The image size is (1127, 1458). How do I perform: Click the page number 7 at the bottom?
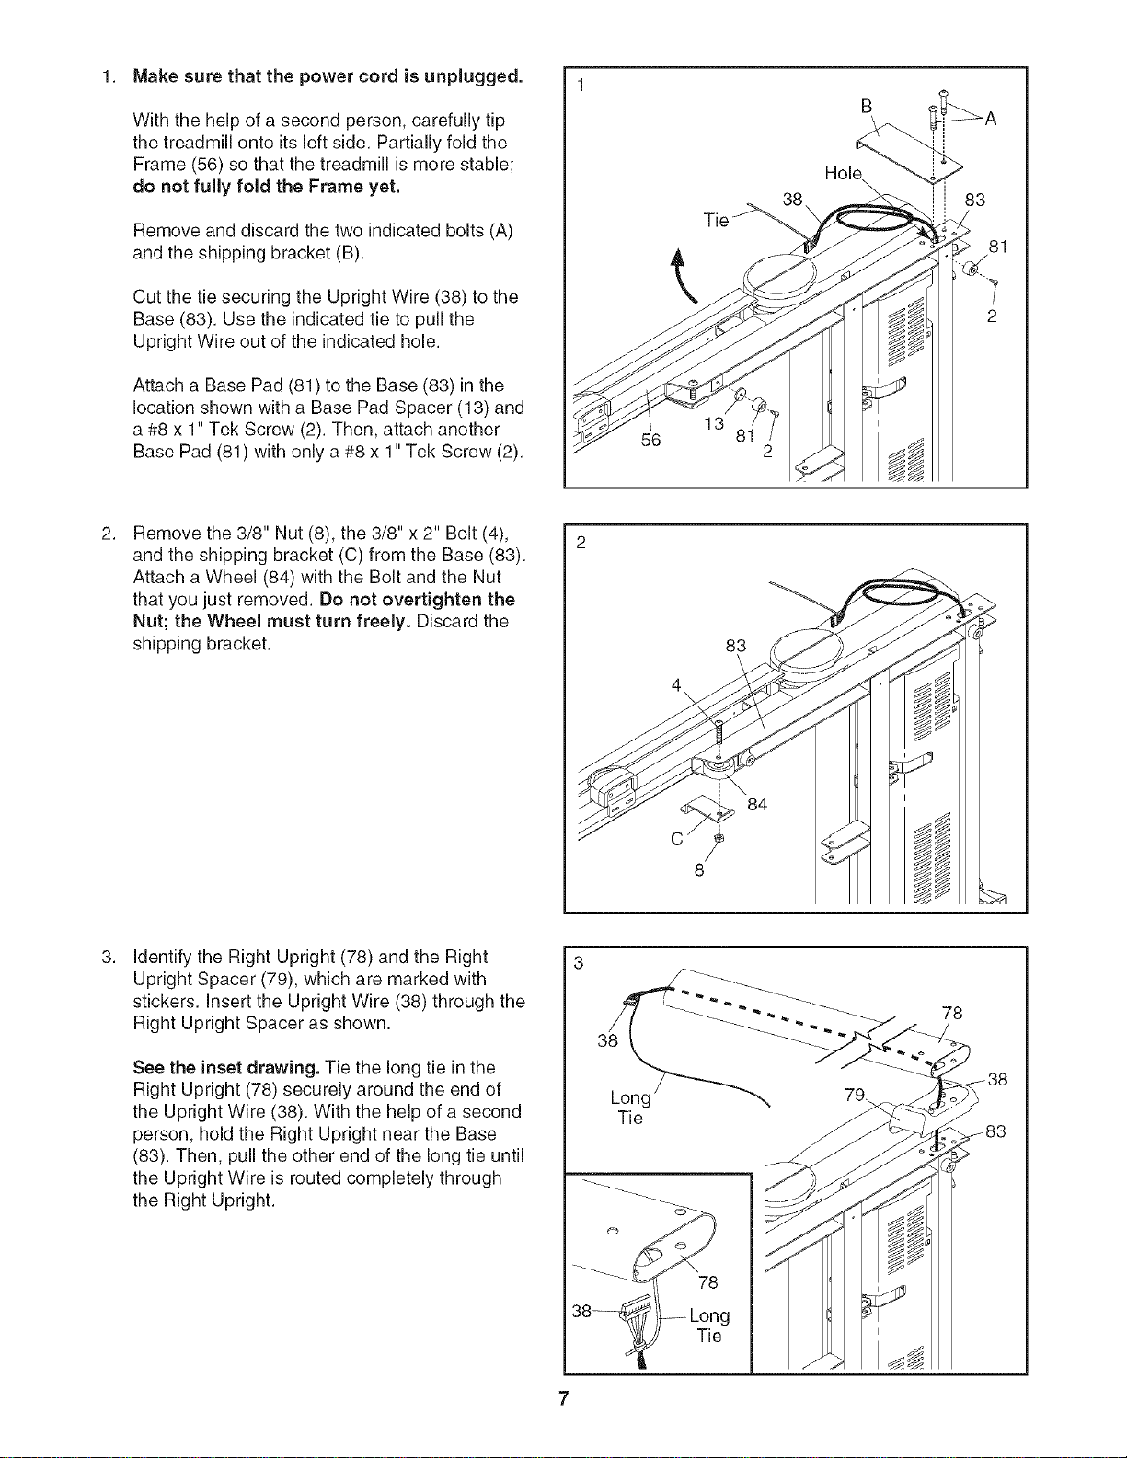(x=563, y=1399)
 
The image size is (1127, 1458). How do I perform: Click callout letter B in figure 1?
(x=866, y=107)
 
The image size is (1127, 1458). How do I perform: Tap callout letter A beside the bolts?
(x=990, y=120)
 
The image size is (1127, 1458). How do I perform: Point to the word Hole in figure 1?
(x=843, y=173)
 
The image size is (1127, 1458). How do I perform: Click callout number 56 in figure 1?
(x=650, y=440)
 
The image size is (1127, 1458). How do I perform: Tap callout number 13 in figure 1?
(x=714, y=423)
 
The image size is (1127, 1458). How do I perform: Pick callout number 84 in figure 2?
(x=756, y=804)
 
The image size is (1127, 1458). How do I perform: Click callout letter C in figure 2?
(x=677, y=839)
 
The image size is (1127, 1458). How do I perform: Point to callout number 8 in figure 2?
(x=699, y=870)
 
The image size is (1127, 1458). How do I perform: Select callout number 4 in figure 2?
(x=676, y=685)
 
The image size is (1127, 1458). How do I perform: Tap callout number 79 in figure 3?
(x=855, y=1095)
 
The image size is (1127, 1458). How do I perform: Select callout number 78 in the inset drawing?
(x=707, y=1282)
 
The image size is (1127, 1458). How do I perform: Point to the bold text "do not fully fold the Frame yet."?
(x=266, y=187)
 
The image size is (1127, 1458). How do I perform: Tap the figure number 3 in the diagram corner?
(x=579, y=963)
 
